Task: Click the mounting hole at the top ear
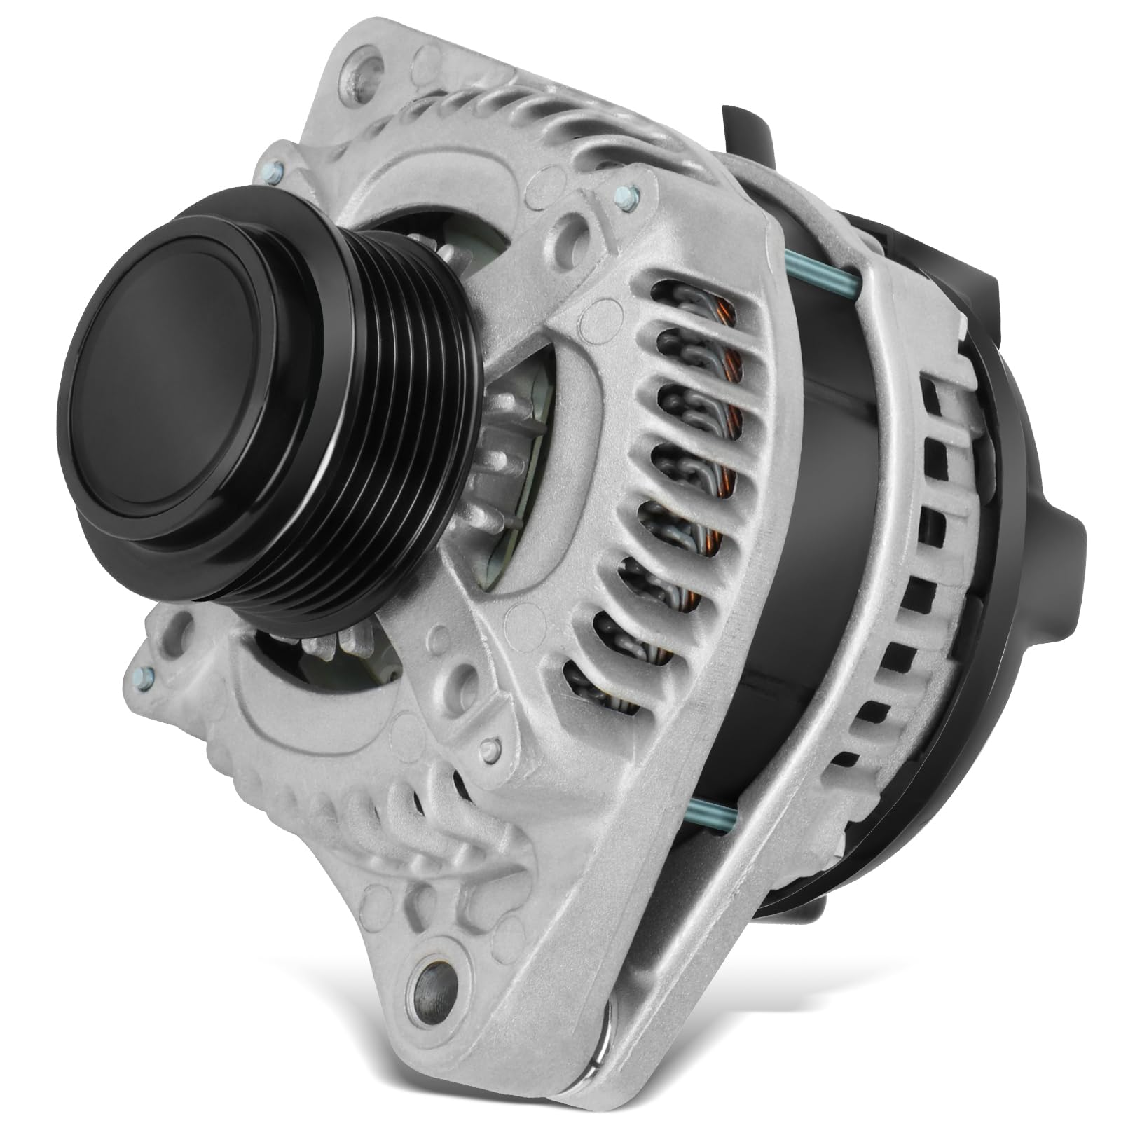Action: pos(366,68)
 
